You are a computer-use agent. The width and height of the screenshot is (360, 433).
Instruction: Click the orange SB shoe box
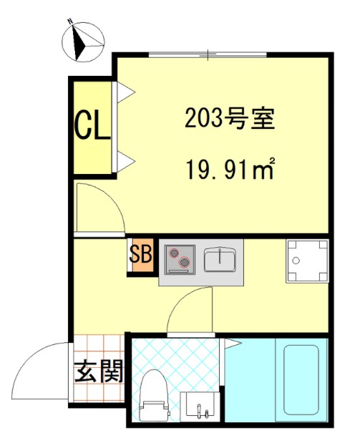[141, 256]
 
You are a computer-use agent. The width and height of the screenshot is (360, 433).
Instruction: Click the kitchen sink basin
[221, 260]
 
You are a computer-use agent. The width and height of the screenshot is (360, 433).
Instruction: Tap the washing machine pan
[307, 261]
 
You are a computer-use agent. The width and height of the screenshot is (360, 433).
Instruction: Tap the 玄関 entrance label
[99, 371]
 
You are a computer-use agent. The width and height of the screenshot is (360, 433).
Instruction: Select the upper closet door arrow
[125, 91]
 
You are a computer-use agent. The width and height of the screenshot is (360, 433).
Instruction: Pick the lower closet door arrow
[125, 158]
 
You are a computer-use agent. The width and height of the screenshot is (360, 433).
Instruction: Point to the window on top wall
[208, 54]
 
